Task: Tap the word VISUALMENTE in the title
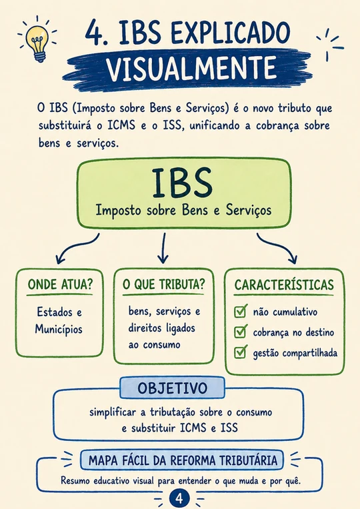coord(191,69)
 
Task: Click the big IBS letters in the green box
coord(182,183)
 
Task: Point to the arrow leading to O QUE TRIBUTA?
coord(163,248)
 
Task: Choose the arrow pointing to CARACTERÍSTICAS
coord(278,248)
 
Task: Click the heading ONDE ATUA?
coord(60,284)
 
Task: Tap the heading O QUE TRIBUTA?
coord(164,284)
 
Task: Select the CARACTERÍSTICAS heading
coord(284,285)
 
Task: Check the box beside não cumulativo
coord(240,312)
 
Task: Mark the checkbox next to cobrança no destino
coord(240,332)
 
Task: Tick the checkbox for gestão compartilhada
coord(240,352)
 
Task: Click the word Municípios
coord(59,329)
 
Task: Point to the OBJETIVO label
coord(172,388)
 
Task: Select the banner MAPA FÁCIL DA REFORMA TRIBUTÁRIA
coord(183,460)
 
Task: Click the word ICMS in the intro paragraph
coord(121,125)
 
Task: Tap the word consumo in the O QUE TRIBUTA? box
coord(161,345)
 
